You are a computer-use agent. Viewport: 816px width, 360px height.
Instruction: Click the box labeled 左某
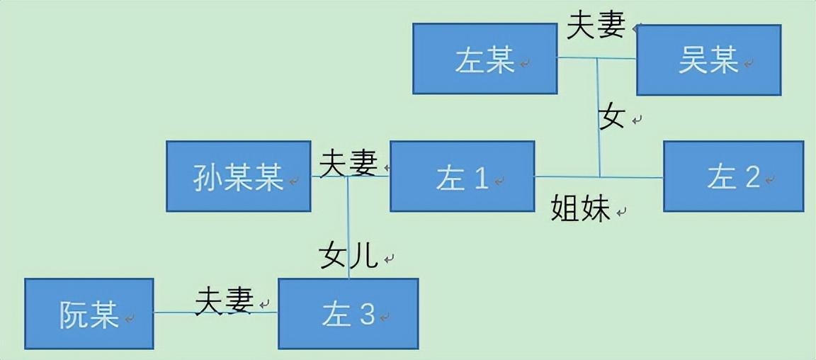tap(484, 59)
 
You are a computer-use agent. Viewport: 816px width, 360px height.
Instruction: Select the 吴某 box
tap(708, 60)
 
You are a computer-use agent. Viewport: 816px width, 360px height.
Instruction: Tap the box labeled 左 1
tap(462, 176)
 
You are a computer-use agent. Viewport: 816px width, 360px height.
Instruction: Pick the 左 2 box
tap(733, 176)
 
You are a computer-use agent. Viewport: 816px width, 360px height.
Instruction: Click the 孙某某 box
tap(238, 176)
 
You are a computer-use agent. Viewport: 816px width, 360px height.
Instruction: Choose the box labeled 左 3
tap(348, 313)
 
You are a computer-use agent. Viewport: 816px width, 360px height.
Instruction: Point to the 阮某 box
tap(89, 313)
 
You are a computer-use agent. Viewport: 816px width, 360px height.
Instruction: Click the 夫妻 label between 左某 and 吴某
tap(596, 26)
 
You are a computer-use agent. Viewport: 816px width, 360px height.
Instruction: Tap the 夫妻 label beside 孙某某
tap(348, 164)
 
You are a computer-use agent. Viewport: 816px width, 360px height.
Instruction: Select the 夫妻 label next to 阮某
tap(225, 300)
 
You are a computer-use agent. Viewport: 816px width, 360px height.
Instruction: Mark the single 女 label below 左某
tap(612, 117)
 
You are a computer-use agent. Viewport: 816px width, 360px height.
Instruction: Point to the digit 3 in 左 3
tap(365, 315)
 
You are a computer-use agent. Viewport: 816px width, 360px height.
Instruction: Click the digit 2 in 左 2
tap(752, 177)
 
